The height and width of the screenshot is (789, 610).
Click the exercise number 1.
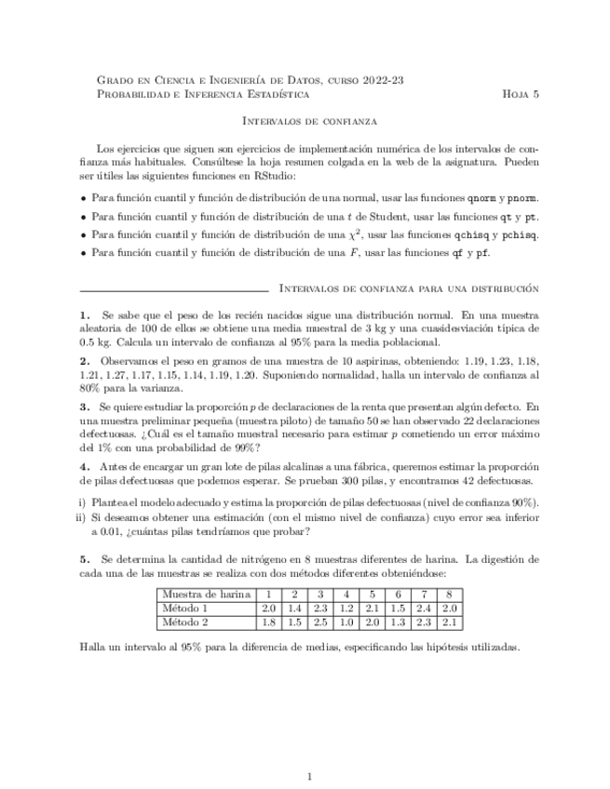pyautogui.click(x=86, y=315)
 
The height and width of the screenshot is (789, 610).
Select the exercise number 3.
pyautogui.click(x=86, y=407)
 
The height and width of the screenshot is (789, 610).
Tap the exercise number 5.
pyautogui.click(x=86, y=559)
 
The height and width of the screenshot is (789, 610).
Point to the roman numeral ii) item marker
pyautogui.click(x=81, y=517)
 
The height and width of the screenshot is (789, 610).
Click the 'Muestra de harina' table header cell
pyautogui.click(x=205, y=595)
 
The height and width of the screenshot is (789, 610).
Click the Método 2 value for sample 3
pyautogui.click(x=319, y=622)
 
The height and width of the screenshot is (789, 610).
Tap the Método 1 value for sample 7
pyautogui.click(x=423, y=608)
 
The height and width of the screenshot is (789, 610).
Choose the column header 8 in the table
pyautogui.click(x=449, y=595)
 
